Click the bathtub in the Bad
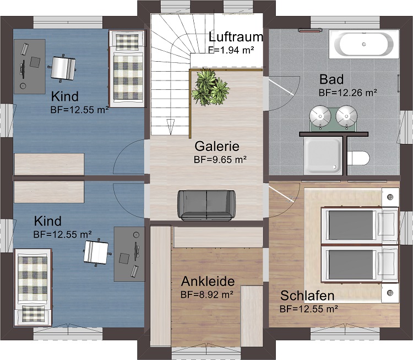pyautogui.click(x=364, y=44)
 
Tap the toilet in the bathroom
pyautogui.click(x=358, y=158)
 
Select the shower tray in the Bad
pyautogui.click(x=323, y=156)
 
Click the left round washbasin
pyautogui.click(x=320, y=116)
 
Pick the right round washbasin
pyautogui.click(x=346, y=116)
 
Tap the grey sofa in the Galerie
pyautogui.click(x=206, y=205)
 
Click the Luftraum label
pyautogui.click(x=236, y=37)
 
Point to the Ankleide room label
pyautogui.click(x=208, y=281)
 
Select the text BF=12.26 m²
pyautogui.click(x=347, y=93)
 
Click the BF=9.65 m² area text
pyautogui.click(x=220, y=159)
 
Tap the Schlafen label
pyautogui.click(x=307, y=295)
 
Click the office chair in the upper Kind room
pyautogui.click(x=63, y=68)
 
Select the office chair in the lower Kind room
pyautogui.click(x=96, y=251)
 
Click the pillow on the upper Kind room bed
pyautogui.click(x=127, y=42)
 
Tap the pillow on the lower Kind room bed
pyautogui.click(x=33, y=314)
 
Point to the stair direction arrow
pyautogui.click(x=170, y=127)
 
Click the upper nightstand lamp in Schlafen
pyautogui.click(x=390, y=197)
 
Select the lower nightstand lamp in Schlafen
pyautogui.click(x=390, y=293)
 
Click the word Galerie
pyautogui.click(x=217, y=146)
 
